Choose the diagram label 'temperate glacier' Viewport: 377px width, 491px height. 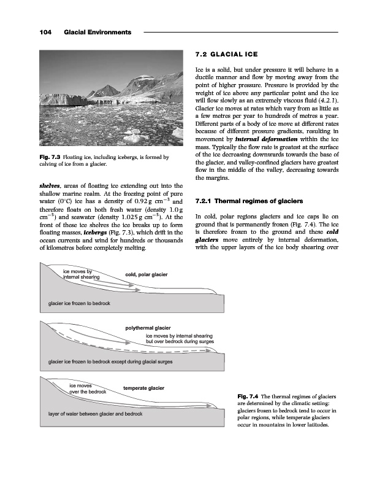click(x=144, y=388)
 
